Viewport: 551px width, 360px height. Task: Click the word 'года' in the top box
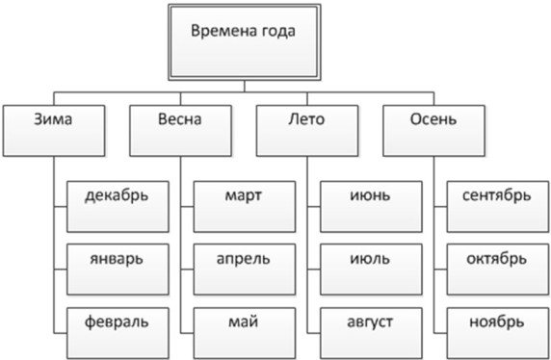click(x=277, y=30)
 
